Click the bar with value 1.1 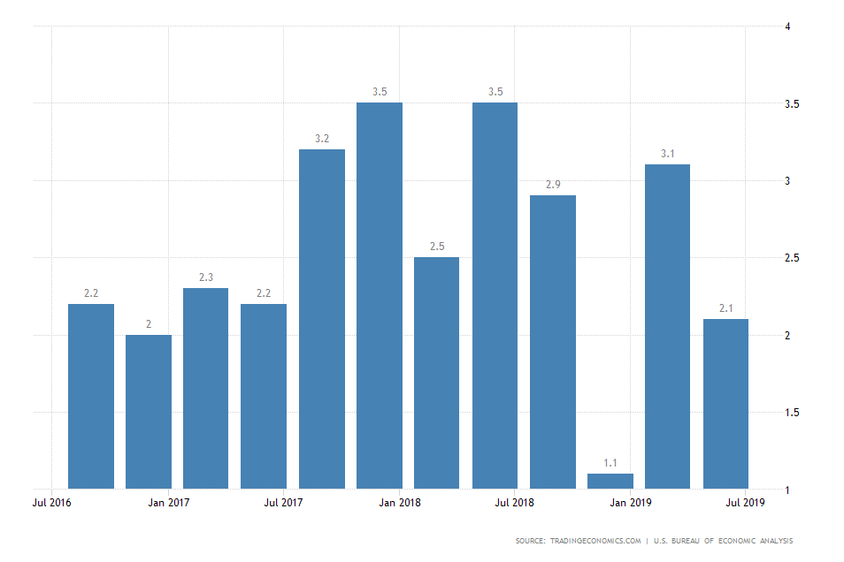click(x=610, y=482)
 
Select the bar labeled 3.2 click(x=322, y=318)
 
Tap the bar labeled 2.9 click(x=553, y=341)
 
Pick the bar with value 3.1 click(x=668, y=326)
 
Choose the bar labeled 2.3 click(x=206, y=388)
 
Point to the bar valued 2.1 click(x=725, y=403)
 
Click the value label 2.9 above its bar click(x=553, y=184)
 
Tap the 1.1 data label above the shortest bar click(x=610, y=462)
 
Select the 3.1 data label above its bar click(x=668, y=154)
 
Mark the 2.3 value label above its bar click(x=206, y=277)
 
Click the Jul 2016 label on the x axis click(x=52, y=503)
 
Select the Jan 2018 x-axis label click(x=400, y=503)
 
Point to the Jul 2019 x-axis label click(x=747, y=503)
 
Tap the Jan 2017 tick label click(x=168, y=503)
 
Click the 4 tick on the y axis click(x=787, y=27)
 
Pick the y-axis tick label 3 click(x=787, y=181)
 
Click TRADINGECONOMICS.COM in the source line click(x=595, y=541)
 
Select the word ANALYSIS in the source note click(x=774, y=541)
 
